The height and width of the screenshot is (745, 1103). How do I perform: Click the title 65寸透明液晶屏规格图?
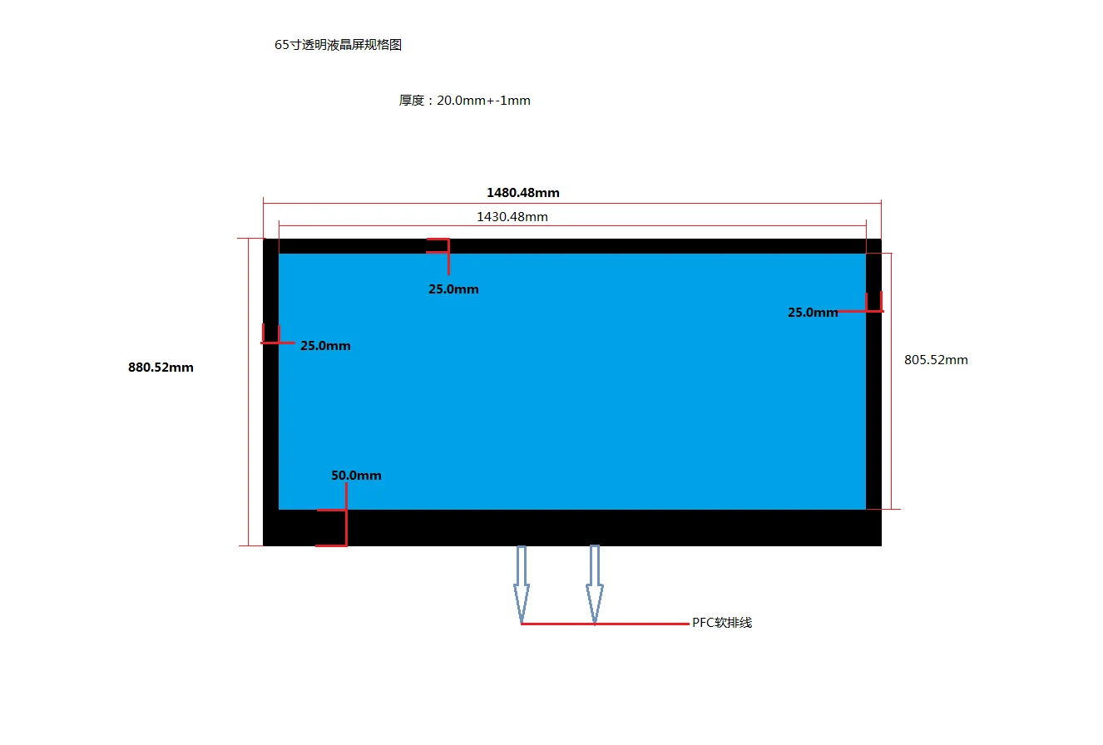[x=338, y=46]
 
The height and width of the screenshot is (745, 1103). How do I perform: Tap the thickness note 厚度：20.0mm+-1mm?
[x=464, y=101]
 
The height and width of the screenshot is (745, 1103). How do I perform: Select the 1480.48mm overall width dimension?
[x=522, y=193]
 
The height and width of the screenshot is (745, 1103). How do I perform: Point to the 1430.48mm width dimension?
[x=512, y=217]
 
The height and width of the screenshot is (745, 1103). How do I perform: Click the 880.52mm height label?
[x=161, y=368]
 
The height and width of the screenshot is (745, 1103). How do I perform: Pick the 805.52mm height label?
[x=936, y=360]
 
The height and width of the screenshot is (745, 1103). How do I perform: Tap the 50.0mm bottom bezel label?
[x=356, y=476]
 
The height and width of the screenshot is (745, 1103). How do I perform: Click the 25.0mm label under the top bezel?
[x=453, y=289]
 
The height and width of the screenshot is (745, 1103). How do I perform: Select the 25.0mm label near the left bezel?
[x=325, y=346]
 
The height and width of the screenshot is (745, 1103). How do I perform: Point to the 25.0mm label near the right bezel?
[x=813, y=313]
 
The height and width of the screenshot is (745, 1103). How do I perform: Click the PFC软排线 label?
[x=722, y=623]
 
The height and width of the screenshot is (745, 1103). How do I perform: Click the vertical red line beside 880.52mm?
[x=249, y=391]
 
